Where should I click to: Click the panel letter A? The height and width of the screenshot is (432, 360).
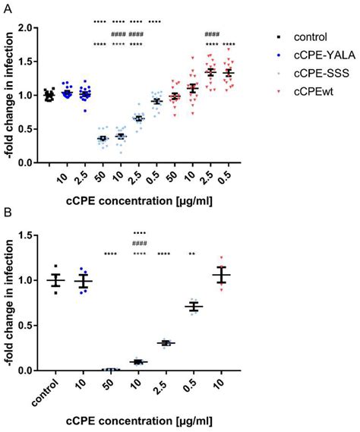click(8, 6)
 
